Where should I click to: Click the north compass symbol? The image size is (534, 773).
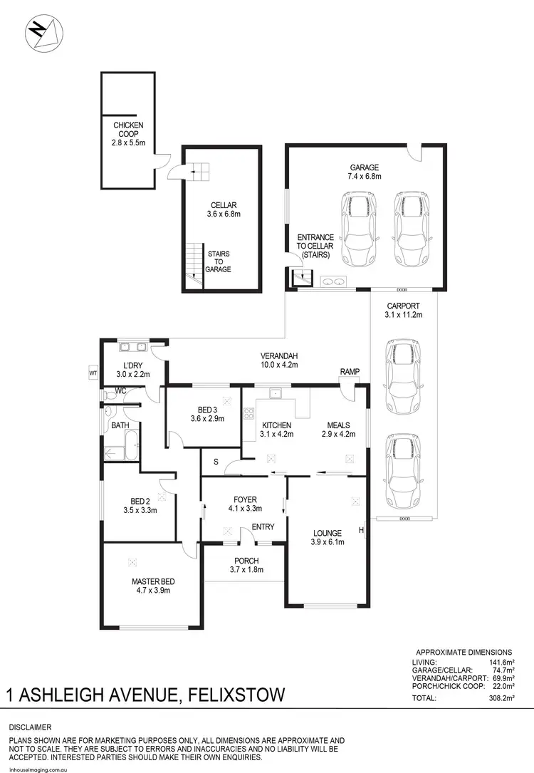coord(44,33)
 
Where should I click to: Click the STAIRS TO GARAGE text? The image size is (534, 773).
coord(219,261)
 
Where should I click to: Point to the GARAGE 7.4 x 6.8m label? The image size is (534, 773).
coord(366,172)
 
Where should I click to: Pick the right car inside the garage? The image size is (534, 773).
coord(410,229)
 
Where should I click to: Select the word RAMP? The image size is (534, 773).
coord(350,372)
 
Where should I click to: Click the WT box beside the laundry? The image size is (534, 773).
coord(93,372)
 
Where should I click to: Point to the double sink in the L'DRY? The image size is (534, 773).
coord(132,348)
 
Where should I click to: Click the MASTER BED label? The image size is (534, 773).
coord(153,586)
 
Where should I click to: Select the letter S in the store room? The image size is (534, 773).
coord(216,462)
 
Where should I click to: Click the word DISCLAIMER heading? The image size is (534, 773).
coord(30,727)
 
